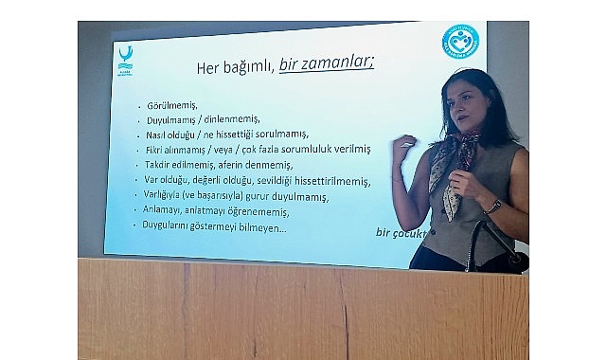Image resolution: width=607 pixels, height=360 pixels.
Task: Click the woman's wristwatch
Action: [x=494, y=206]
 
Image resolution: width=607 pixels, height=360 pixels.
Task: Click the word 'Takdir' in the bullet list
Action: [x=157, y=164]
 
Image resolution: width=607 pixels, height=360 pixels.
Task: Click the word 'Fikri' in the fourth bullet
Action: [x=154, y=150]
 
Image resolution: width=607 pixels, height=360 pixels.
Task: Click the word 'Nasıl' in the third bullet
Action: [x=155, y=135]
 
